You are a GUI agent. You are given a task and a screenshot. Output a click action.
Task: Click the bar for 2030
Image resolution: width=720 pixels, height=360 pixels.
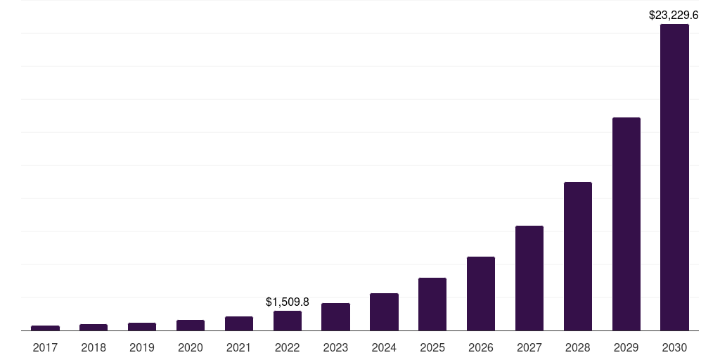pyautogui.click(x=674, y=177)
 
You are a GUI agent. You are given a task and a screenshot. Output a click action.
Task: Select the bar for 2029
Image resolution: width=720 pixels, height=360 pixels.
pyautogui.click(x=626, y=224)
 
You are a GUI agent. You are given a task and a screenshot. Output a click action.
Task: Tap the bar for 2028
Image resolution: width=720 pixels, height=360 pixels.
pyautogui.click(x=577, y=256)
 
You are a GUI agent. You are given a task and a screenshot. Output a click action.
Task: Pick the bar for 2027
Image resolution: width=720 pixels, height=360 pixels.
pyautogui.click(x=529, y=278)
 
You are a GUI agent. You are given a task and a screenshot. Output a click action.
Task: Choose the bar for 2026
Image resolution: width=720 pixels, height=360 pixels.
pyautogui.click(x=481, y=293)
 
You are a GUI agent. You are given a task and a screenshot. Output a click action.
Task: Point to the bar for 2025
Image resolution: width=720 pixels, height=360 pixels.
pyautogui.click(x=432, y=304)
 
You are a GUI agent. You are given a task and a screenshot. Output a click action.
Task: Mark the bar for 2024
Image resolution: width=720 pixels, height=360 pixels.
pyautogui.click(x=384, y=311)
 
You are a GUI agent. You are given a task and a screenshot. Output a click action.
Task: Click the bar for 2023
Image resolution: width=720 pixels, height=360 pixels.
pyautogui.click(x=335, y=316)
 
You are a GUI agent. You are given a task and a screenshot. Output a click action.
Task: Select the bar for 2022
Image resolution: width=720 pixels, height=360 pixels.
pyautogui.click(x=288, y=321)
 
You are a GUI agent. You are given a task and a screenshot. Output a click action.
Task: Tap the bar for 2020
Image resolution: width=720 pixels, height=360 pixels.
pyautogui.click(x=191, y=325)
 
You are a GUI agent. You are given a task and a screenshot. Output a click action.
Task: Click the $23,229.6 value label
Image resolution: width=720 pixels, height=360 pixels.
pyautogui.click(x=673, y=14)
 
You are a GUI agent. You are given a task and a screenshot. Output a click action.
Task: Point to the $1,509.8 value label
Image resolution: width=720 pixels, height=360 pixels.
pyautogui.click(x=288, y=302)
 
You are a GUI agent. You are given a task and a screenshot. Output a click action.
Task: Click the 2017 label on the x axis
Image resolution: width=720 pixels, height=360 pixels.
pyautogui.click(x=45, y=347)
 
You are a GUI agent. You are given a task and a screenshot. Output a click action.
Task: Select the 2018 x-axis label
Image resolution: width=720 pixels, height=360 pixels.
pyautogui.click(x=94, y=347)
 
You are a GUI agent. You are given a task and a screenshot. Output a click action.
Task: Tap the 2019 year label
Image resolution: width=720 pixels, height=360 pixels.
pyautogui.click(x=142, y=347)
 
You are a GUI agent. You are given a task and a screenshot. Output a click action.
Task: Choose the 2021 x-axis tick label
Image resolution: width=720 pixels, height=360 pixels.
pyautogui.click(x=239, y=347)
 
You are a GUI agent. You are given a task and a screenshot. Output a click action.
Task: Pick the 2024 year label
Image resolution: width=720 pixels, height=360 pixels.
pyautogui.click(x=384, y=347)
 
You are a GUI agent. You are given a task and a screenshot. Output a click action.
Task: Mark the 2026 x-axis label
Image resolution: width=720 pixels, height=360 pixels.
pyautogui.click(x=481, y=347)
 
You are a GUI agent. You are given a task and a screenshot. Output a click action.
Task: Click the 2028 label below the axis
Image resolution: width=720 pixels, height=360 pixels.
pyautogui.click(x=577, y=347)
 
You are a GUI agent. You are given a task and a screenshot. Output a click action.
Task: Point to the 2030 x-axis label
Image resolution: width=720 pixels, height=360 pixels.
pyautogui.click(x=674, y=347)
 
